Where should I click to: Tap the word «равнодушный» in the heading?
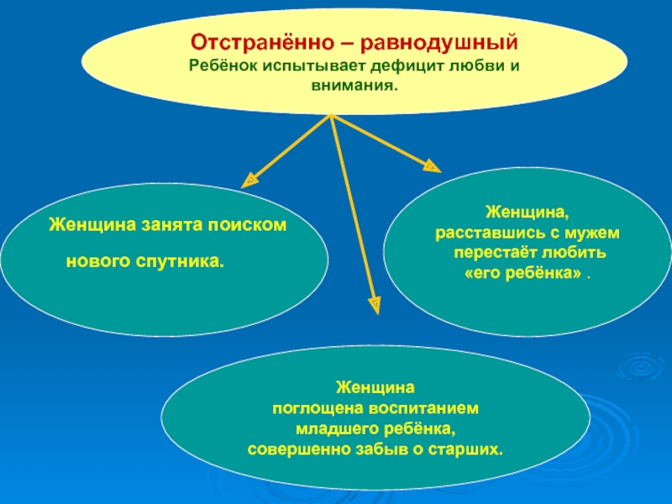click(428, 41)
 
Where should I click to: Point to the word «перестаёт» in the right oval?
click(489, 252)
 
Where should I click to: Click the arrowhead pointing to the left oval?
click(249, 179)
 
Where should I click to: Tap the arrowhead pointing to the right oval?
click(431, 165)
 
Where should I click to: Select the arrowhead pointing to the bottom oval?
click(375, 302)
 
